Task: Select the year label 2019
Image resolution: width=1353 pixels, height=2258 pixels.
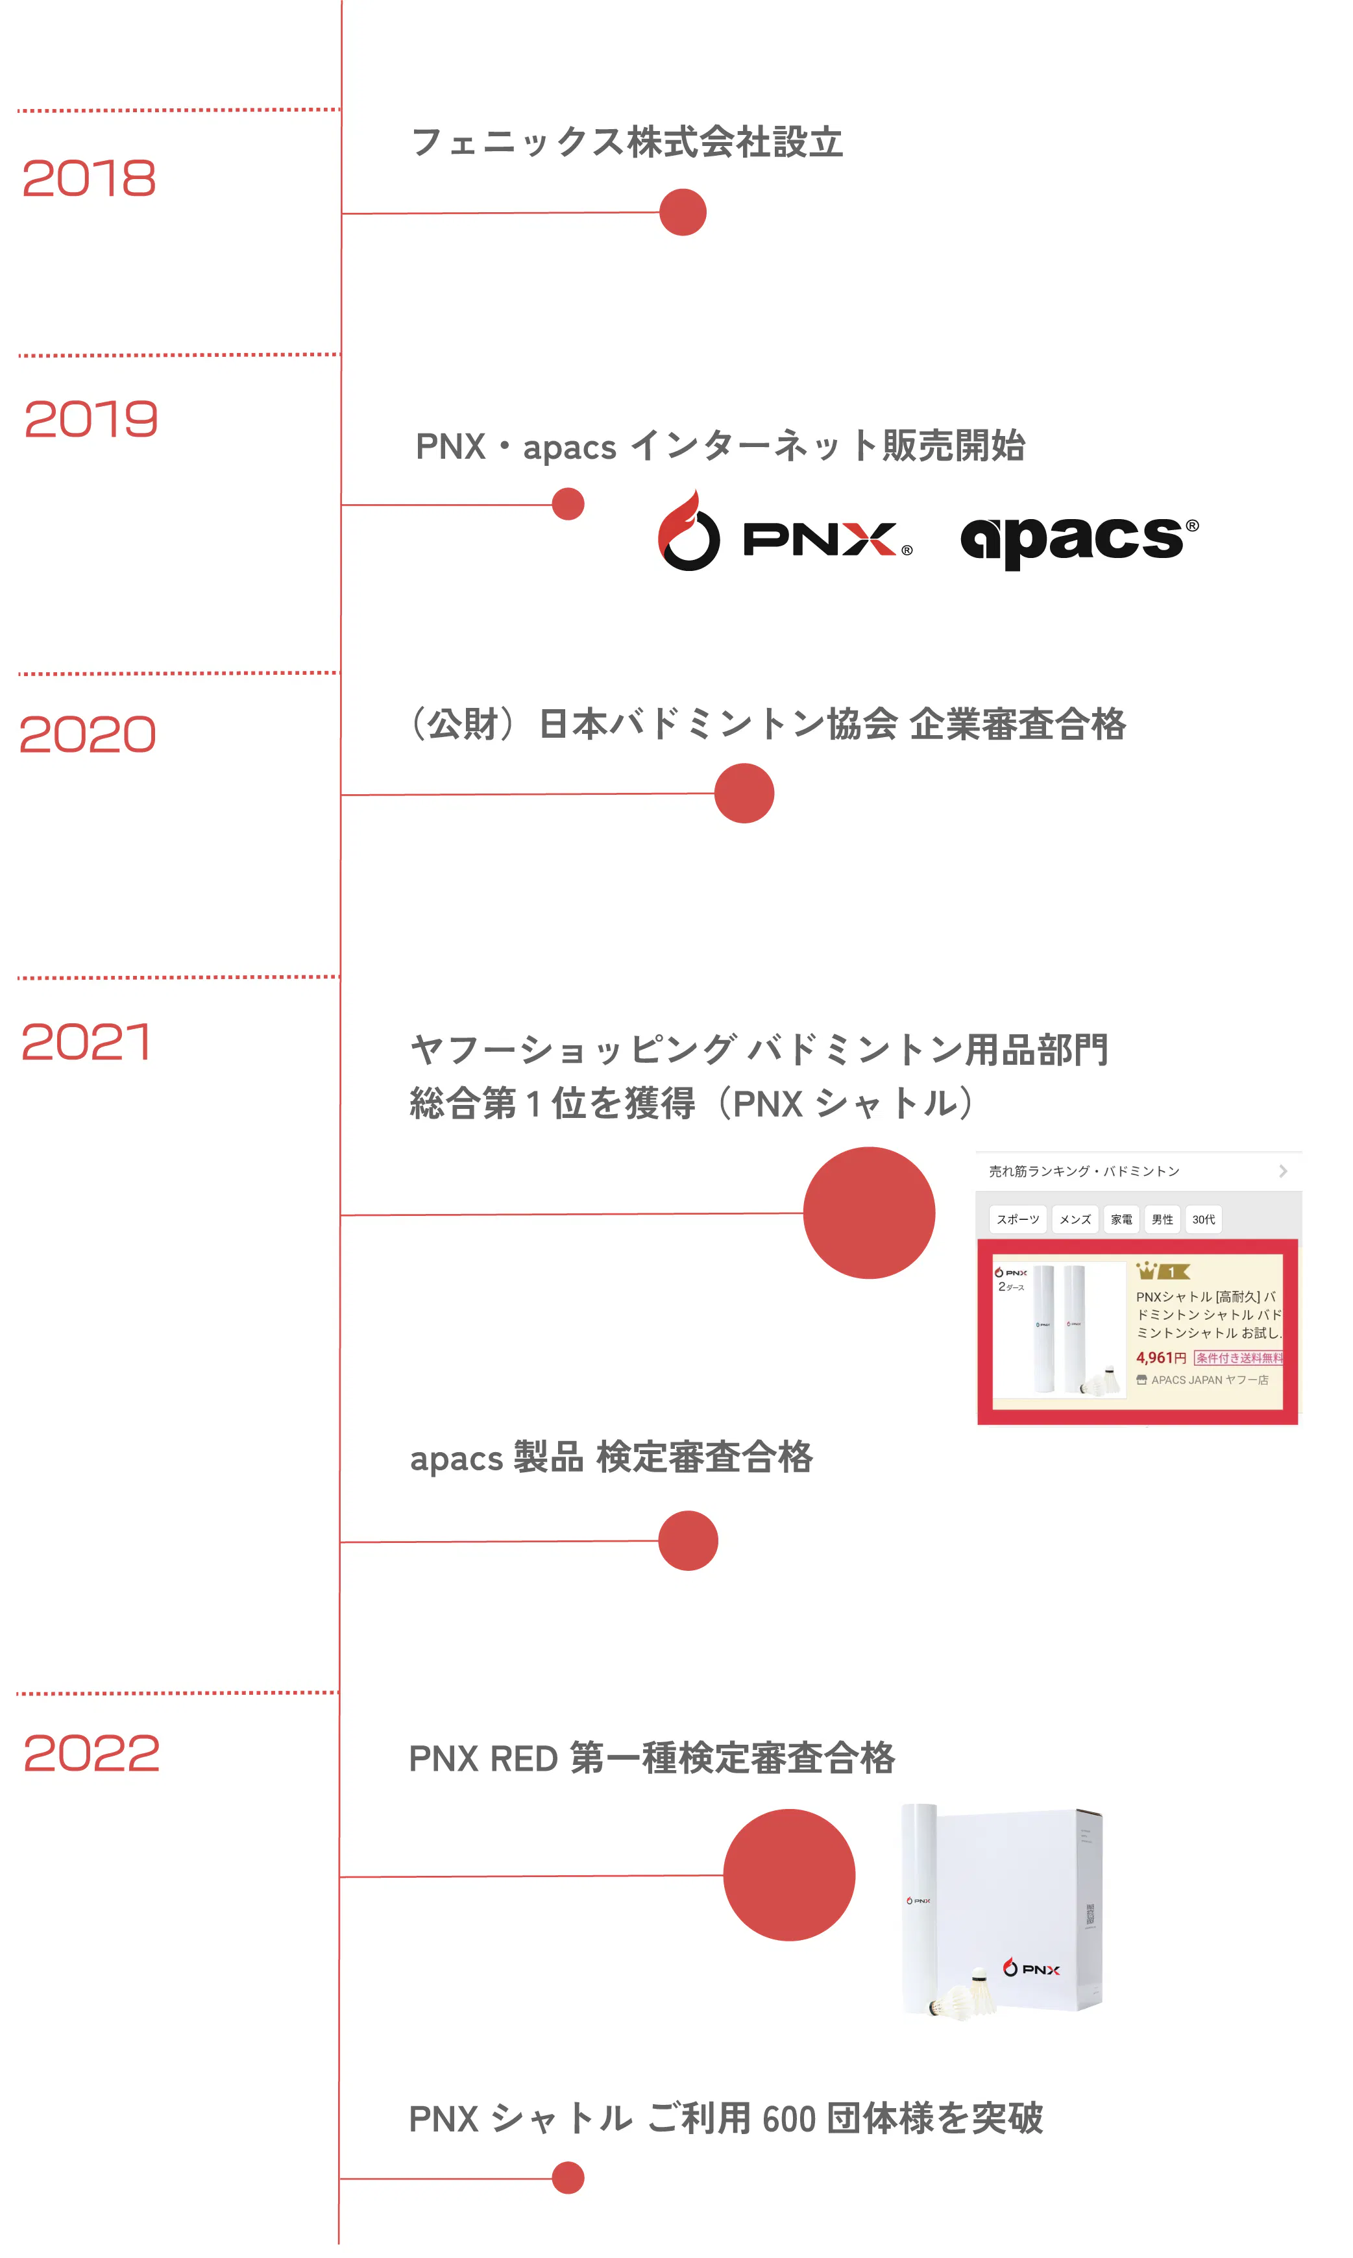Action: [x=91, y=419]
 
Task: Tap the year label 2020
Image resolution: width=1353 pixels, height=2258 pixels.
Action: [x=88, y=734]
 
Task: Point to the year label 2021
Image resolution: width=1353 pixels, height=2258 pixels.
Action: [x=86, y=1042]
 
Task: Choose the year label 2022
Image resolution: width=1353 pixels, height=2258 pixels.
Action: [x=91, y=1753]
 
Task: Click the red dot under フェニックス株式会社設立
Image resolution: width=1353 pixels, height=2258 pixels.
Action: [x=683, y=212]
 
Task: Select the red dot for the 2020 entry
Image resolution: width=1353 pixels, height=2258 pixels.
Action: [x=744, y=793]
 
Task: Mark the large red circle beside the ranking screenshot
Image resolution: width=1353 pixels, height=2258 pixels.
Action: [x=869, y=1213]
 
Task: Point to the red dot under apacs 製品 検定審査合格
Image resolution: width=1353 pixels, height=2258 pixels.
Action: [x=689, y=1540]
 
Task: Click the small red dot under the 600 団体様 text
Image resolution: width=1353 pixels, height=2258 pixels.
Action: [x=568, y=2178]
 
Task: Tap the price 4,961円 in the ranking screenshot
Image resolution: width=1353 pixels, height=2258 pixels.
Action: [x=1161, y=1358]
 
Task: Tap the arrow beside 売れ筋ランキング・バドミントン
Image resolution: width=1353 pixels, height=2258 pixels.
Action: [x=1283, y=1171]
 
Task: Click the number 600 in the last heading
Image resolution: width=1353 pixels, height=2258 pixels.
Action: [x=788, y=2119]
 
